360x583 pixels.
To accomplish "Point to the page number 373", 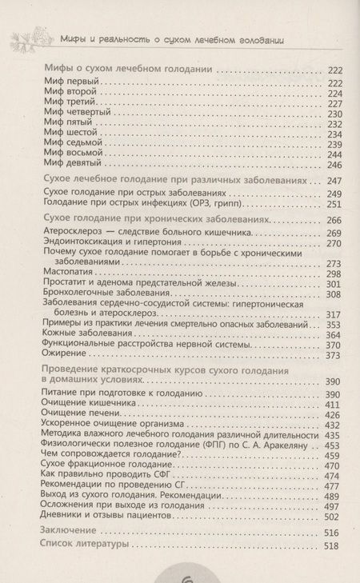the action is (x=334, y=355).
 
